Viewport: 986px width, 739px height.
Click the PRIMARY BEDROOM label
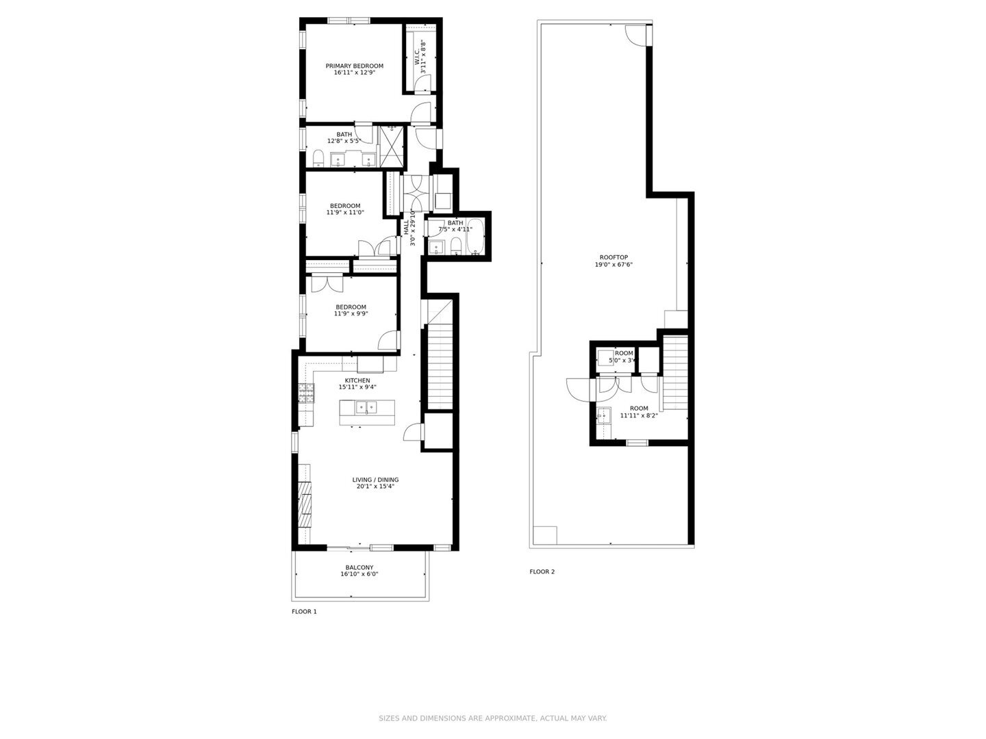(354, 66)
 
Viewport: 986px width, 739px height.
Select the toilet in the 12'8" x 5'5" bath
(318, 160)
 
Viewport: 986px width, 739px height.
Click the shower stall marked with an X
(392, 146)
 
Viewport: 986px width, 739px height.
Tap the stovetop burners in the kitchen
(306, 393)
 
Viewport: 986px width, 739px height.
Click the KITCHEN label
(357, 380)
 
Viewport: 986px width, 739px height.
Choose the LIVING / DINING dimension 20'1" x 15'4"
(375, 487)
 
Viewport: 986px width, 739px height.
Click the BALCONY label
(359, 567)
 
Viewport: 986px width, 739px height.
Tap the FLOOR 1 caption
(304, 612)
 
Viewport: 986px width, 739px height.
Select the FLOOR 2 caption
(542, 571)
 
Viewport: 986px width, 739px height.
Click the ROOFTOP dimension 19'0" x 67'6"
(613, 264)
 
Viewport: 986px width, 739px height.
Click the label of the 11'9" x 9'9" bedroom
(351, 307)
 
